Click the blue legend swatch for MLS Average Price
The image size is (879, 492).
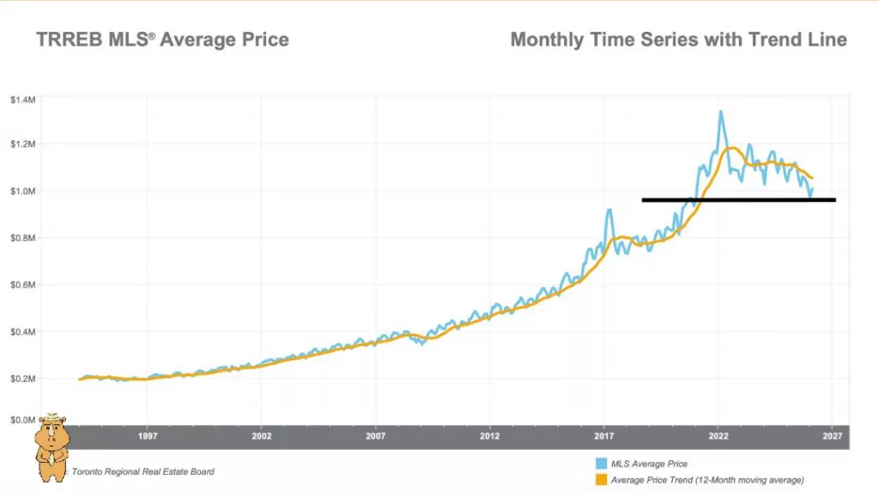[x=601, y=464]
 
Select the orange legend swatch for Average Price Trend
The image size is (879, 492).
[x=601, y=479]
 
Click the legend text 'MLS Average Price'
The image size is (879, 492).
[x=650, y=465]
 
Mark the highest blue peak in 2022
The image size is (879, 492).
[x=720, y=112]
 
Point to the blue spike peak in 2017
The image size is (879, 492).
[x=609, y=210]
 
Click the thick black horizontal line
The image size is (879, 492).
[x=738, y=200]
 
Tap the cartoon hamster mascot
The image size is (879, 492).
[x=52, y=445]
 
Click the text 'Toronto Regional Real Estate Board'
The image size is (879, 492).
[x=143, y=471]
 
